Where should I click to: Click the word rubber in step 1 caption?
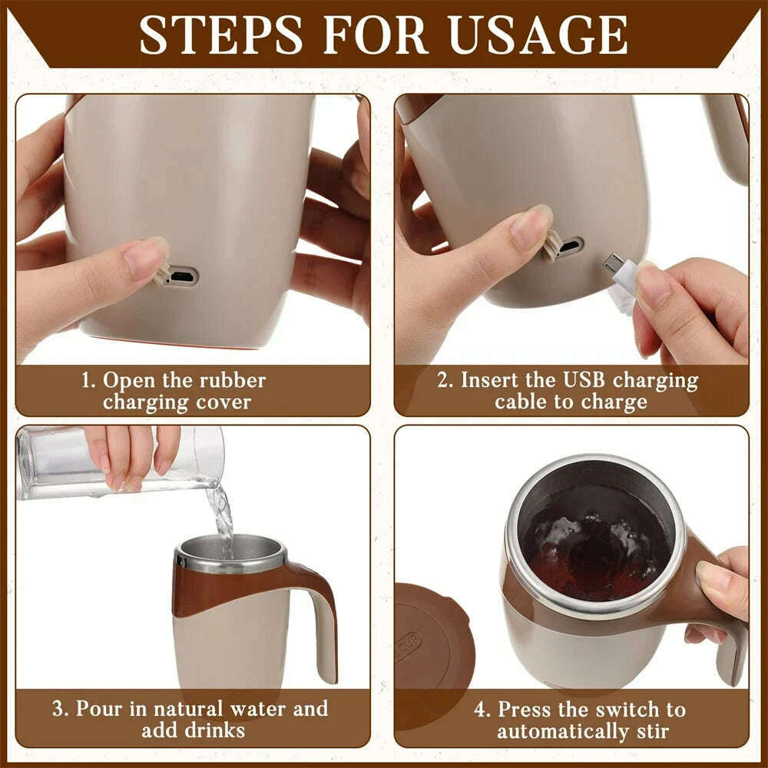coord(230,380)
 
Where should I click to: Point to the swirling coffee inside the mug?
coord(591,549)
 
